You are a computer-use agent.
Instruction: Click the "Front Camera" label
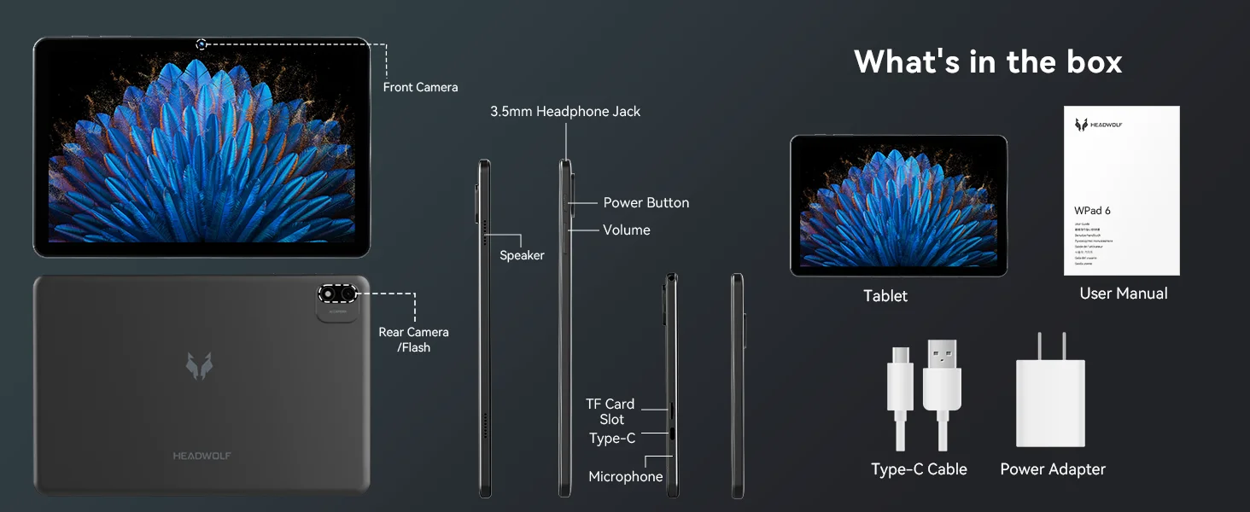420,87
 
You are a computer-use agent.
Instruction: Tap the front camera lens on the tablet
202,44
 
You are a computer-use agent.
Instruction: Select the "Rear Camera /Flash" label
414,340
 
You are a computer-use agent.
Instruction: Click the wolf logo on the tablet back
200,364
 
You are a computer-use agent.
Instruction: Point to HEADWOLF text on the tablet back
202,456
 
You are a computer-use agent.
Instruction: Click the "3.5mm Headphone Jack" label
565,112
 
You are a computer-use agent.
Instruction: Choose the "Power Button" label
645,203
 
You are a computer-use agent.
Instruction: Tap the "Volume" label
626,230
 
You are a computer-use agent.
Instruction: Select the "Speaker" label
522,255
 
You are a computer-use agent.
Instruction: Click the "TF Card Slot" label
610,412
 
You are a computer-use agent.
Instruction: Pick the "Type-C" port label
612,439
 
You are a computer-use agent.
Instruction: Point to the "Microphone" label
626,477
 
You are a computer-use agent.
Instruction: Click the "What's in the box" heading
988,61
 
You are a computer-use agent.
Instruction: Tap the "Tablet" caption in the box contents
885,296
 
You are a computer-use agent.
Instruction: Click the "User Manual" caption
1124,294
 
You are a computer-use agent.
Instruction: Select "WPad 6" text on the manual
1092,211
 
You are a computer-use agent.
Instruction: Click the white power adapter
1050,401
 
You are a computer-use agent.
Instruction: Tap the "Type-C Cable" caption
919,469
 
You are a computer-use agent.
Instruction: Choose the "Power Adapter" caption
1053,469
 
